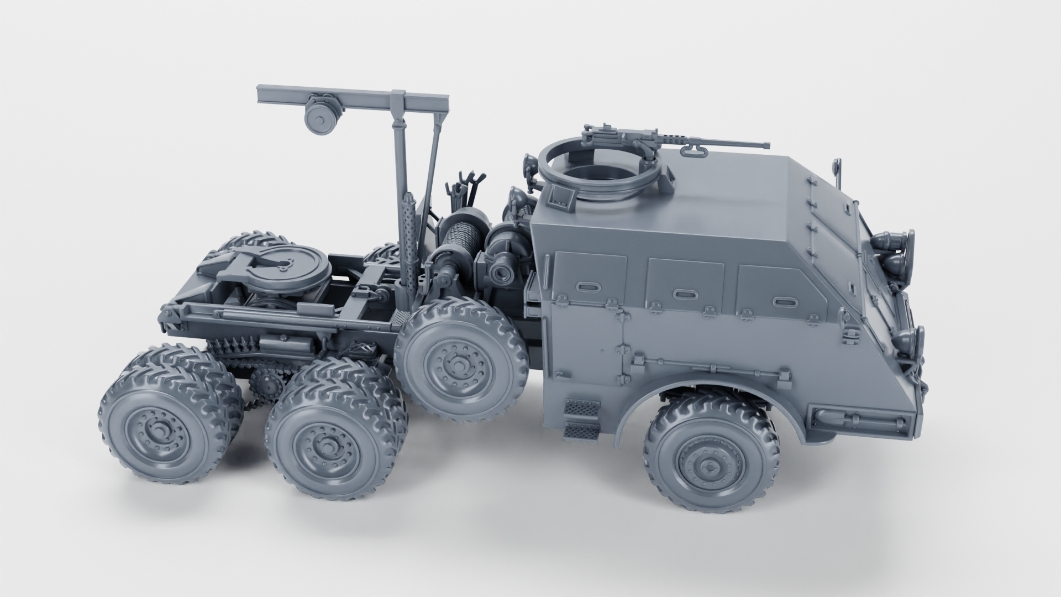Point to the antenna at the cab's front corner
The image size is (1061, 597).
838,171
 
